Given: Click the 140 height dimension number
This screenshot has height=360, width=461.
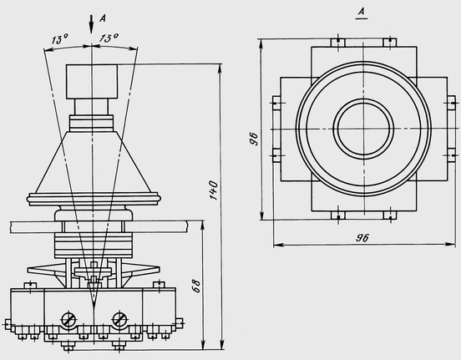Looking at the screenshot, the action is tap(214, 190).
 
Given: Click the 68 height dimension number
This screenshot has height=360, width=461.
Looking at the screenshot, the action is tap(196, 286).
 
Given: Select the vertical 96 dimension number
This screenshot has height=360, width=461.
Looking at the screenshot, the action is tap(253, 139).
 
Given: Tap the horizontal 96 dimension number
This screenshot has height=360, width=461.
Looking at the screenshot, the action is tap(362, 238).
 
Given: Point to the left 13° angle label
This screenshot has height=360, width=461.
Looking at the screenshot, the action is tap(59, 39).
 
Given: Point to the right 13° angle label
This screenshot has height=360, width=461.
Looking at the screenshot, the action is tap(109, 38).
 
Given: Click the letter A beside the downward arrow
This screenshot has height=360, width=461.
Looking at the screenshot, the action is tap(103, 18).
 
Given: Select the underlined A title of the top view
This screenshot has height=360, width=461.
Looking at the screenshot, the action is tap(362, 13).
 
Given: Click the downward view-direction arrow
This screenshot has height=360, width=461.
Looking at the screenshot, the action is tap(91, 24).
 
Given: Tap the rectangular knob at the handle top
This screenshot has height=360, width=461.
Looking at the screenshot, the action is tap(92, 82).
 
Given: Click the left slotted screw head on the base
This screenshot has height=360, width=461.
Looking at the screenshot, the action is tap(68, 319).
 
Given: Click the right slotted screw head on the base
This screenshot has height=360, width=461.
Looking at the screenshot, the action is tap(120, 319).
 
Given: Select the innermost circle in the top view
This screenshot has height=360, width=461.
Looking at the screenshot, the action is tap(363, 128).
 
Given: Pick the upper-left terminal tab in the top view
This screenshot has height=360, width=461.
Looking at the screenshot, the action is tap(337, 43).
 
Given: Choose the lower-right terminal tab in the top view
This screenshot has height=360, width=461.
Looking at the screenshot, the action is tap(390, 215).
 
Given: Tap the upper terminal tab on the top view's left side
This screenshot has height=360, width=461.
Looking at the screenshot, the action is tap(276, 103).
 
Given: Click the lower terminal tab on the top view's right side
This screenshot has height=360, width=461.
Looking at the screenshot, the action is tap(451, 155).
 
